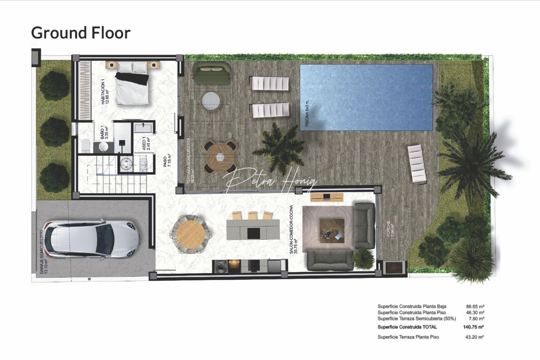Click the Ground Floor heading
pyautogui.click(x=81, y=33)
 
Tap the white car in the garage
pyautogui.click(x=92, y=239)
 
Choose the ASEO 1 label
pyautogui.click(x=146, y=144)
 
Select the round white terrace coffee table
pyautogui.click(x=211, y=100)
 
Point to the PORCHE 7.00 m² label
pyautogui.click(x=390, y=229)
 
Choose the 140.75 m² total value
pyautogui.click(x=473, y=327)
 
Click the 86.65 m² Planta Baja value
pyautogui.click(x=475, y=306)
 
